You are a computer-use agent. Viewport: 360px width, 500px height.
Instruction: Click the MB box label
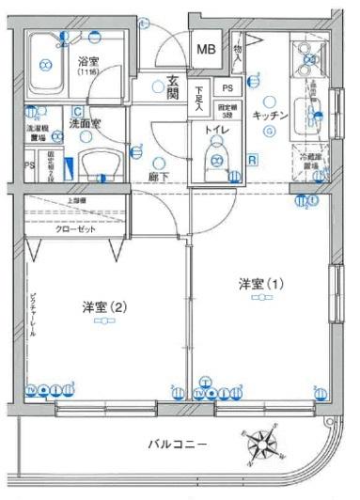tap(205, 48)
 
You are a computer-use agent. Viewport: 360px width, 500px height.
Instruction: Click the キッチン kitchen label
tap(270, 114)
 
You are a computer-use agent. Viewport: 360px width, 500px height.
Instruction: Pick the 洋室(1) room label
tap(260, 282)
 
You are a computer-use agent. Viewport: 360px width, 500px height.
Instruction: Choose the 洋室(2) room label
tap(104, 306)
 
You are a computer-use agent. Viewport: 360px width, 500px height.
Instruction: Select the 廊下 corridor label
tap(157, 176)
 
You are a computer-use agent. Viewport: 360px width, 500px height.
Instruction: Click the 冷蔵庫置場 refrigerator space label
tap(311, 164)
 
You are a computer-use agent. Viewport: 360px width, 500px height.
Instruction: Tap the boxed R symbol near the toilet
tap(251, 159)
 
